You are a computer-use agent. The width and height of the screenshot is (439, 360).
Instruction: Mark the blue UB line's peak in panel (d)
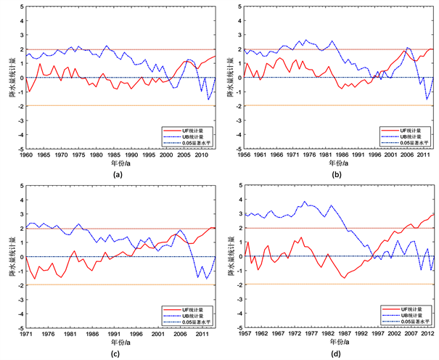point(305,202)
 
